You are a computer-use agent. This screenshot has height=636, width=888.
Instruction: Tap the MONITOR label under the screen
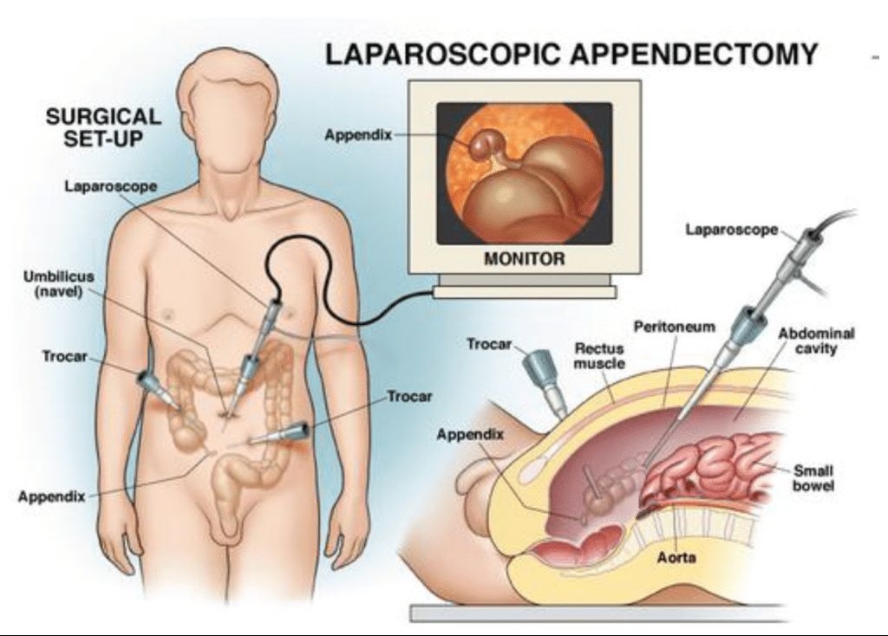(525, 258)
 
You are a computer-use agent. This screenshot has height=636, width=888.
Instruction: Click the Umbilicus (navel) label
(59, 284)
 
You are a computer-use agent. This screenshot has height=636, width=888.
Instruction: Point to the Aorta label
(676, 557)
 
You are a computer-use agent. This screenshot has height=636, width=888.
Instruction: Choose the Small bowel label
(813, 478)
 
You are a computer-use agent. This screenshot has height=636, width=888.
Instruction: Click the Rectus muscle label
(599, 355)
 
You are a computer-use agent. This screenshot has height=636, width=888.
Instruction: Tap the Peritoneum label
(674, 327)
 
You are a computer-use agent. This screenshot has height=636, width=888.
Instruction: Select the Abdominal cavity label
(815, 340)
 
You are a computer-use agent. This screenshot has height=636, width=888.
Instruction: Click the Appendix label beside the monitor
(358, 135)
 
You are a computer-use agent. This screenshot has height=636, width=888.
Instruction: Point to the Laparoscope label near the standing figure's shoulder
(110, 186)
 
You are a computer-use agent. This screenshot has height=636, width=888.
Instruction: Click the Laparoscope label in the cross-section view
(732, 230)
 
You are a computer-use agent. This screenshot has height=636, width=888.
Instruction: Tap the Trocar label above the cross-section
(489, 344)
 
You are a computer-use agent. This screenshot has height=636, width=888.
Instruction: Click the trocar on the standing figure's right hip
(156, 389)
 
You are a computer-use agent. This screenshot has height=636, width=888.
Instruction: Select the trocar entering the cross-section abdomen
(545, 380)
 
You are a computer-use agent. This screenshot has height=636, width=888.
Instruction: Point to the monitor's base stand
(525, 286)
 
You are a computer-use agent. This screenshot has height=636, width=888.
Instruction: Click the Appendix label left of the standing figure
(51, 496)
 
